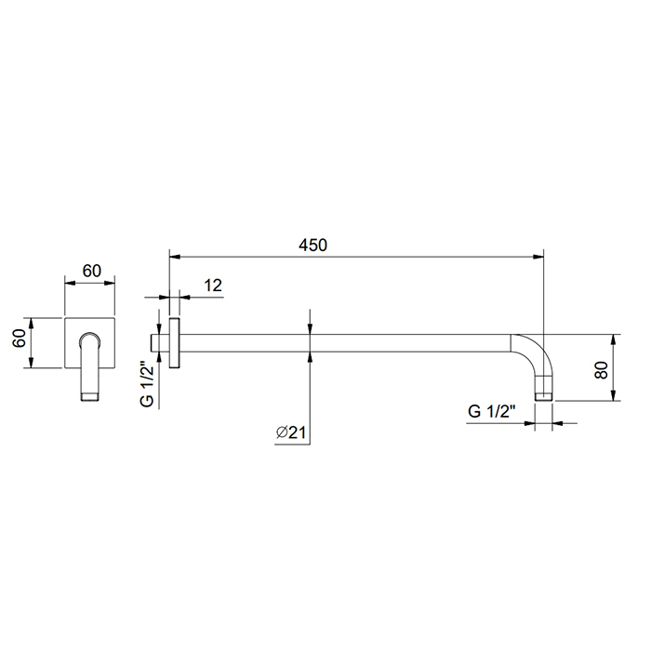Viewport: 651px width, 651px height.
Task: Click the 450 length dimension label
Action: tap(312, 245)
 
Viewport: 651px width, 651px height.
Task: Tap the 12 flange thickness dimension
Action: tap(213, 286)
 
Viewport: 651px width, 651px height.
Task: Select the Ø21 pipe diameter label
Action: tap(291, 432)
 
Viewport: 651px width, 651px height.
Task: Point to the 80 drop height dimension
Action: tap(601, 370)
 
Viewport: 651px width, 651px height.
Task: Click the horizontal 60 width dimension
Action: tap(92, 271)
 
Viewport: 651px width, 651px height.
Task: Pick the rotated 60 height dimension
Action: tap(20, 338)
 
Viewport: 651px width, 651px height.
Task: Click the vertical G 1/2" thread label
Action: tap(147, 384)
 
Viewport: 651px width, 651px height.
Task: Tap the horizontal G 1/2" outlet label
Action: tap(492, 411)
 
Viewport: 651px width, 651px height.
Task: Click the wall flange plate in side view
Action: tap(175, 343)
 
